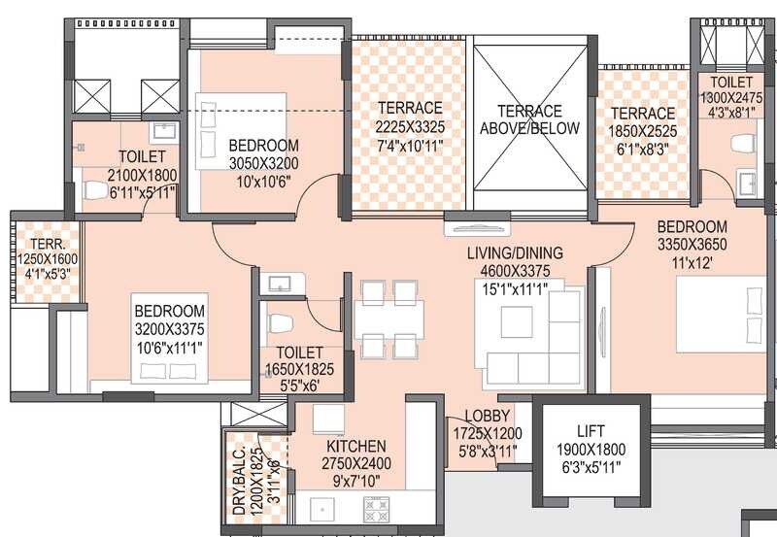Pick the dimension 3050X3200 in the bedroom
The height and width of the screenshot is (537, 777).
click(263, 163)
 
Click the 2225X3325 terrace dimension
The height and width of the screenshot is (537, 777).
click(410, 125)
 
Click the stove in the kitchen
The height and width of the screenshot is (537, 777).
click(376, 507)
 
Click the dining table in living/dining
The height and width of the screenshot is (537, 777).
click(388, 318)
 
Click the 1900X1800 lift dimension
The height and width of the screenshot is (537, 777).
click(591, 449)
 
